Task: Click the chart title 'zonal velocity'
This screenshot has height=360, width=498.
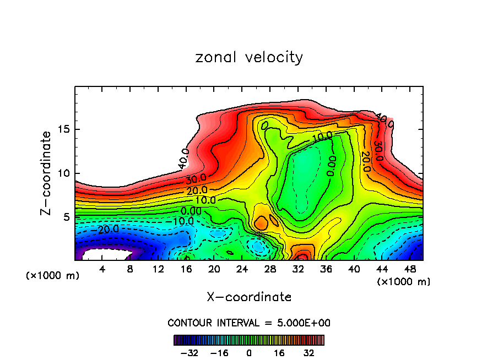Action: click(x=249, y=57)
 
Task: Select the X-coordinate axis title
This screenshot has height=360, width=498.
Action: click(x=249, y=297)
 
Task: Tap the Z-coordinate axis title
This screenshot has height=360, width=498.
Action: click(x=46, y=173)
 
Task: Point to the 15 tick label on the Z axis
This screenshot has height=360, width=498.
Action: click(x=64, y=130)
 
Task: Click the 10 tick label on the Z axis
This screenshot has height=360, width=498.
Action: click(x=64, y=173)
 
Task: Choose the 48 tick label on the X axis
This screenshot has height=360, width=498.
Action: click(x=410, y=269)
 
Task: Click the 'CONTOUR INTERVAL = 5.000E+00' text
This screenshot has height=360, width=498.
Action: click(x=249, y=323)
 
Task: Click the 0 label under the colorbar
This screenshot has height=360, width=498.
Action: click(x=249, y=352)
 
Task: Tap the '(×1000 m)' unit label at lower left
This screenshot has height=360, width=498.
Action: click(x=53, y=276)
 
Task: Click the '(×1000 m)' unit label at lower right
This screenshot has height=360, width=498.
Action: click(x=404, y=282)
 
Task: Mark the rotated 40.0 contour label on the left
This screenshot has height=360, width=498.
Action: click(x=184, y=159)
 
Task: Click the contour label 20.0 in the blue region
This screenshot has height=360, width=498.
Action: click(x=108, y=229)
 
